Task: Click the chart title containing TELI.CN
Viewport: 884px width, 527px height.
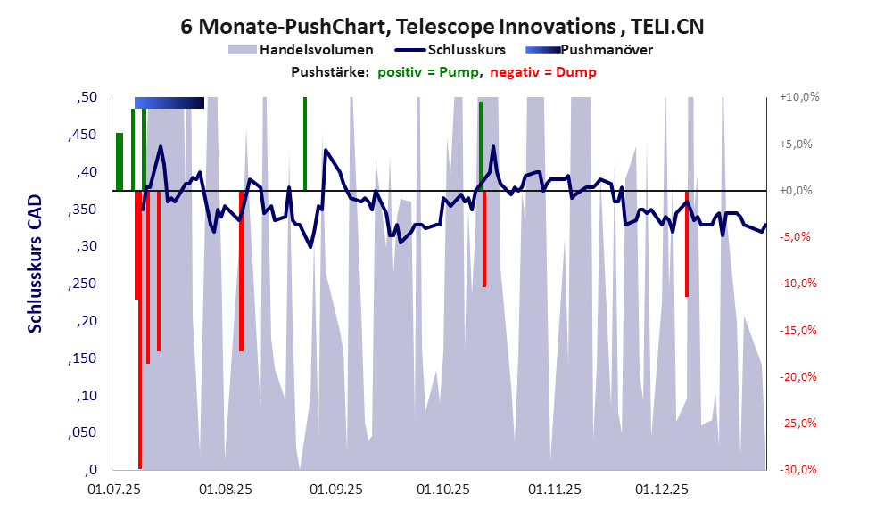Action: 442,27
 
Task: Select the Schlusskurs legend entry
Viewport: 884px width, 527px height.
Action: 467,50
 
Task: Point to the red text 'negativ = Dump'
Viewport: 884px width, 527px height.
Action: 543,72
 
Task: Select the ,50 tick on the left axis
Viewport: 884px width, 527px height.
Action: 86,97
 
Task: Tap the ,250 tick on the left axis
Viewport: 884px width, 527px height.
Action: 82,284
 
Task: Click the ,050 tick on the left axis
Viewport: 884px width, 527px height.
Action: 82,433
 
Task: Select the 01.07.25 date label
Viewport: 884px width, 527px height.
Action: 114,490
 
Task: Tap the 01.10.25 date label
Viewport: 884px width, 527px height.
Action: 443,490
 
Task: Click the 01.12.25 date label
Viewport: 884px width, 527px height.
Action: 661,490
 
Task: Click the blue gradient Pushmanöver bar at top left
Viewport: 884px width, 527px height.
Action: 169,103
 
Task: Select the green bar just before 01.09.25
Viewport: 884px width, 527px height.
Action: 305,143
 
